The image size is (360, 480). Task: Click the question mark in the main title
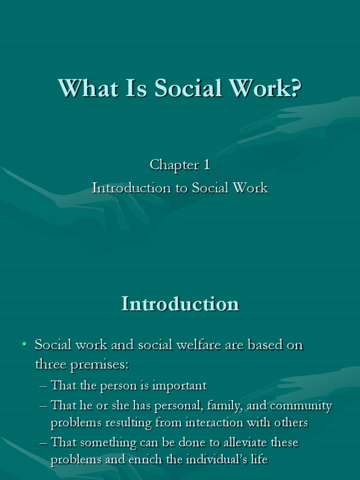293,88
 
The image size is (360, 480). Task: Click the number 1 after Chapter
206,165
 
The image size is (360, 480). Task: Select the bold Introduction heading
180,304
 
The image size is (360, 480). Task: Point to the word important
180,386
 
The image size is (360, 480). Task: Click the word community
304,405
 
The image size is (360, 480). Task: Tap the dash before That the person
44,386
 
